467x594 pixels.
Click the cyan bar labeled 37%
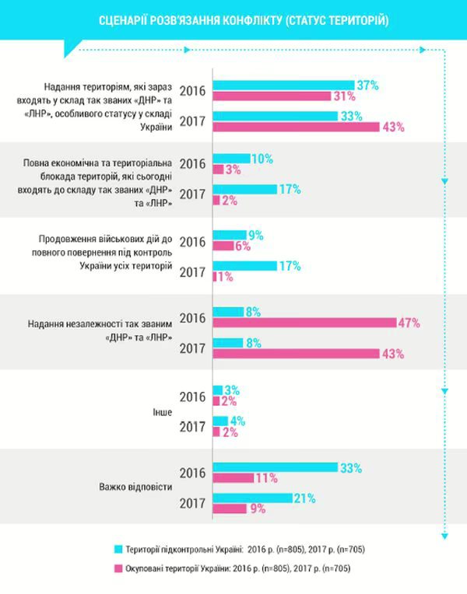coord(282,85)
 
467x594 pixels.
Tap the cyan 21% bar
coord(251,498)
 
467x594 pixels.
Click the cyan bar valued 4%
coord(219,421)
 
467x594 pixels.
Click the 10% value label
coord(262,158)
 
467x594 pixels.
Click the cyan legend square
coord(119,549)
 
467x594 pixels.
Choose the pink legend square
coord(119,568)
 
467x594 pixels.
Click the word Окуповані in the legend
coord(149,568)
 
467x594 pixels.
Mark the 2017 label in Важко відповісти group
coord(192,503)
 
